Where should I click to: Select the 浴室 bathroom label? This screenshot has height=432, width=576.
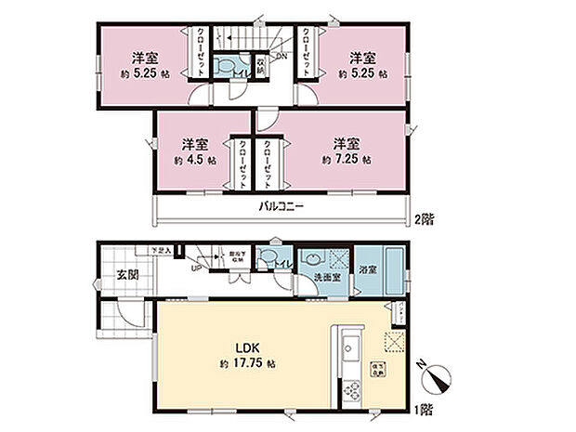[x=368, y=270]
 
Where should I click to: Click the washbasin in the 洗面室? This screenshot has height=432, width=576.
[x=312, y=259]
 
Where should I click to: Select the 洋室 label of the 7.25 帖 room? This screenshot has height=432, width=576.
[x=347, y=142]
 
